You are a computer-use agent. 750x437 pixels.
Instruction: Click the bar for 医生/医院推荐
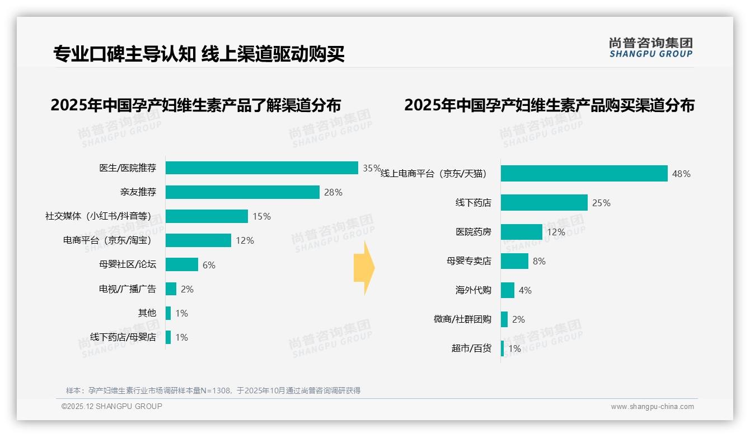[261, 168]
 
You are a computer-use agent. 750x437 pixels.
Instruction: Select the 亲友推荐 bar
[242, 192]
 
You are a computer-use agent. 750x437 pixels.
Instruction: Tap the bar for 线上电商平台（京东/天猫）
[584, 174]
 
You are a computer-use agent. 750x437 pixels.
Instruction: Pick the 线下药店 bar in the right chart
[544, 203]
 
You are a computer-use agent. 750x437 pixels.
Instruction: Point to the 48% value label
[681, 174]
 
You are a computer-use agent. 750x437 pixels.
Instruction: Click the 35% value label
[372, 168]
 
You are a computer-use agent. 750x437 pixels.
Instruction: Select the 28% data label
[333, 192]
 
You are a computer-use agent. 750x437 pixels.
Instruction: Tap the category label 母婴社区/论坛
[128, 264]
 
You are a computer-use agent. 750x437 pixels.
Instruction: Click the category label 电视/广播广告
[128, 289]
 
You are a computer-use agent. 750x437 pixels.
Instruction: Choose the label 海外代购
[473, 290]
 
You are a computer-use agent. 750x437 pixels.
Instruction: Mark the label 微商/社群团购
[462, 319]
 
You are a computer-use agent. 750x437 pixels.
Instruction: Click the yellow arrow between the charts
[364, 268]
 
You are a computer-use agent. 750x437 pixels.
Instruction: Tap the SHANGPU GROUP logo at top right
[650, 48]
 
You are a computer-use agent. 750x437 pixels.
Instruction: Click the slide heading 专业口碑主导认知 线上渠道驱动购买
[199, 54]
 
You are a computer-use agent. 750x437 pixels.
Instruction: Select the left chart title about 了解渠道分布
[196, 105]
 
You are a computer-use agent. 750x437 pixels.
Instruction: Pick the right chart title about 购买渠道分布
[549, 105]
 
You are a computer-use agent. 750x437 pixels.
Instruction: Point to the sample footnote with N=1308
[213, 390]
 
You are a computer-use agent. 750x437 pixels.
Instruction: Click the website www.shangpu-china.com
[652, 407]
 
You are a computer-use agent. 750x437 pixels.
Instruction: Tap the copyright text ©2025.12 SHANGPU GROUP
[112, 406]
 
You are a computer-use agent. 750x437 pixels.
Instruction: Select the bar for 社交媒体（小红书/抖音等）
[207, 216]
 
